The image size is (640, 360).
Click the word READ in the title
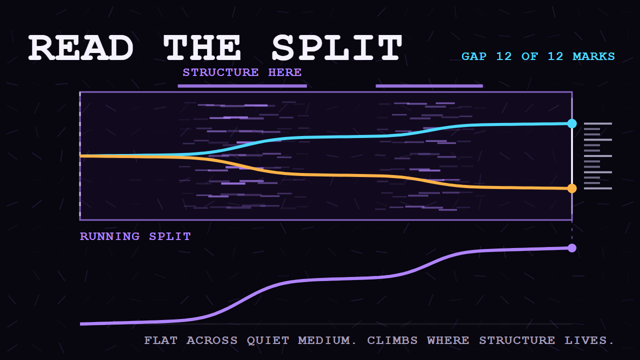81,47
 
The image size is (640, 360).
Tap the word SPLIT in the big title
337,47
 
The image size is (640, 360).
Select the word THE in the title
202,47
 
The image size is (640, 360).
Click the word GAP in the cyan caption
473,56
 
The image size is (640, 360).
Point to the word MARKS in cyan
593,56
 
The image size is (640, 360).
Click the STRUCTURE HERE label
242,72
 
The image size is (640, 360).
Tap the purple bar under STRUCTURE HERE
242,86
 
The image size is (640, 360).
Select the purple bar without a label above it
429,86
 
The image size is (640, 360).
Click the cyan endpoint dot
572,123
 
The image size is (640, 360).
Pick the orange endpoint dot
572,188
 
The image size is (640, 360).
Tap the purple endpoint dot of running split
572,248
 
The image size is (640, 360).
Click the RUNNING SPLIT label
135,236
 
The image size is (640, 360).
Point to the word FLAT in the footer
160,340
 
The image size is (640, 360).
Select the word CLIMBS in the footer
392,340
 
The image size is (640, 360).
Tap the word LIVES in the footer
589,340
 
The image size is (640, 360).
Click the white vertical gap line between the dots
572,156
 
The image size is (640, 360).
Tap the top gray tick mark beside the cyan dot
598,123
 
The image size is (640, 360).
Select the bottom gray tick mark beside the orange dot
598,188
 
